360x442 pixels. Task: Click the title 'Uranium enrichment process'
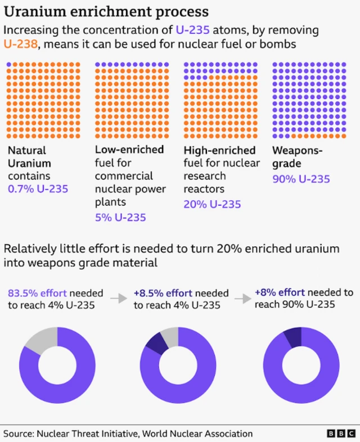(106, 11)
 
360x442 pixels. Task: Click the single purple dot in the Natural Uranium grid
(9, 65)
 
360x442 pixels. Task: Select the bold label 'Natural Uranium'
(29, 157)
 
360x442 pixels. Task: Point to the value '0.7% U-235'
(38, 189)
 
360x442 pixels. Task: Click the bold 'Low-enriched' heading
(129, 150)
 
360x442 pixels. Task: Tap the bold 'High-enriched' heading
(219, 150)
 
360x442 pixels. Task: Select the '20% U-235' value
(212, 204)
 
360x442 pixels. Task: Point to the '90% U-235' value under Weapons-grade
(301, 179)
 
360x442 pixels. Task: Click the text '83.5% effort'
(37, 293)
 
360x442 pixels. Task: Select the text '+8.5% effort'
(163, 293)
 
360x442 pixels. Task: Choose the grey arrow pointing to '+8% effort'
(242, 299)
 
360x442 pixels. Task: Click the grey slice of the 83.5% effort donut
(42, 339)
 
